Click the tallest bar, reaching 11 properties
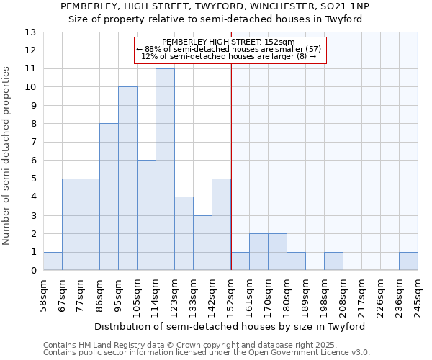click(165, 169)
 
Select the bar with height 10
click(127, 179)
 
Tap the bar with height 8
click(109, 197)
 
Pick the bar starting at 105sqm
click(146, 215)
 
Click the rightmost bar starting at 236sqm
click(408, 261)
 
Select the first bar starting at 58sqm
click(53, 261)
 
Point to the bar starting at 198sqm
click(333, 261)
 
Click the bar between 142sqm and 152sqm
click(221, 225)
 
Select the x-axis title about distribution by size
click(231, 326)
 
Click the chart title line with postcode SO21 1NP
click(216, 6)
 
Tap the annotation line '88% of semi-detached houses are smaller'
click(228, 49)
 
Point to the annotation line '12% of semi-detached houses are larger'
click(228, 56)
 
